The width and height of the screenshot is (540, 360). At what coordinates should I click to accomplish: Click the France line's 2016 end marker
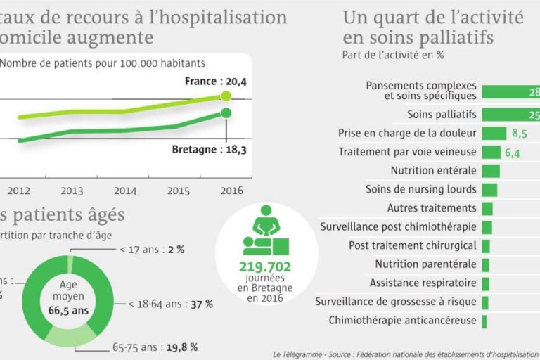coord(226,96)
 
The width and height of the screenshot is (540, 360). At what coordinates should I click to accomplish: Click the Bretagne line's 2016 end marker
coord(226,113)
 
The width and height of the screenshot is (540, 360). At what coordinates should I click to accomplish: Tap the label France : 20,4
coord(216,82)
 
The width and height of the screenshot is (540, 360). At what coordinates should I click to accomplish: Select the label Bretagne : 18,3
coord(209,150)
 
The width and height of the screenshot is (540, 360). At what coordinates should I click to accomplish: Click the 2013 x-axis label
coord(72,191)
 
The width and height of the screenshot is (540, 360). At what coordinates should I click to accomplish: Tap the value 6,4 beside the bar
coord(512,153)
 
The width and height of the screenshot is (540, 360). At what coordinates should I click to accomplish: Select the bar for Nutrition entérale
coord(491,171)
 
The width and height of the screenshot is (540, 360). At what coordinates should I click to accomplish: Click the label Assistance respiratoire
coord(423,283)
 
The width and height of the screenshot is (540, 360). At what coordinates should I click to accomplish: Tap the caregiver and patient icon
coord(265,231)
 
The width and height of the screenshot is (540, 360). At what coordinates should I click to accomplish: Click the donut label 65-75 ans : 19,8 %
coord(155,347)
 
